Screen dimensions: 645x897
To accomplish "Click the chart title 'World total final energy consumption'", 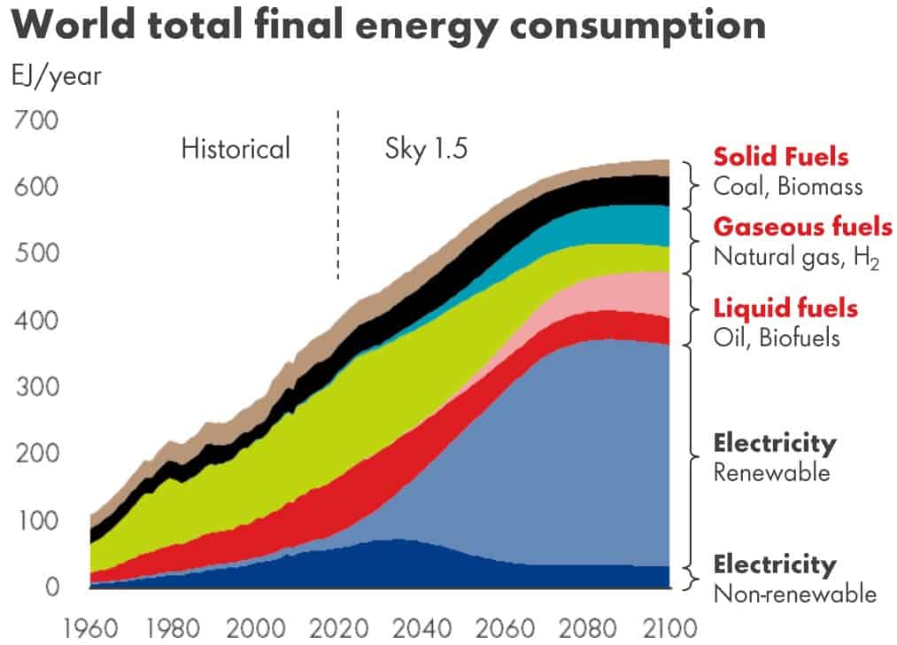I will (389, 26).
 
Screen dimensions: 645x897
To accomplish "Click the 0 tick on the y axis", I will (51, 586).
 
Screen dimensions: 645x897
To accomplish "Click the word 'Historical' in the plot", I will (236, 148).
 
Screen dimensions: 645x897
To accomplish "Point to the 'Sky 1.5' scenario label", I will (426, 148).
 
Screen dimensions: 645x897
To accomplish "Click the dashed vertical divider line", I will (338, 195).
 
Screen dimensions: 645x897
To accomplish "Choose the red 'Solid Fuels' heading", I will (781, 157).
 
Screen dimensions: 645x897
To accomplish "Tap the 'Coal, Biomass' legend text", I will (788, 187).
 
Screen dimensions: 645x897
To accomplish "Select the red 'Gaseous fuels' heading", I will (802, 226).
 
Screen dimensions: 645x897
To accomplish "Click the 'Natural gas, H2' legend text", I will (796, 257).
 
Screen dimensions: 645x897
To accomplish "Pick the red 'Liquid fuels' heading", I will (785, 307).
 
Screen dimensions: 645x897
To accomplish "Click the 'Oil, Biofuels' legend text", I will (777, 338).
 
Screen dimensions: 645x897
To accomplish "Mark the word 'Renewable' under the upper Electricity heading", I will (771, 471).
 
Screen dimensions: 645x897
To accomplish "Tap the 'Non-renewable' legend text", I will (794, 593).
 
